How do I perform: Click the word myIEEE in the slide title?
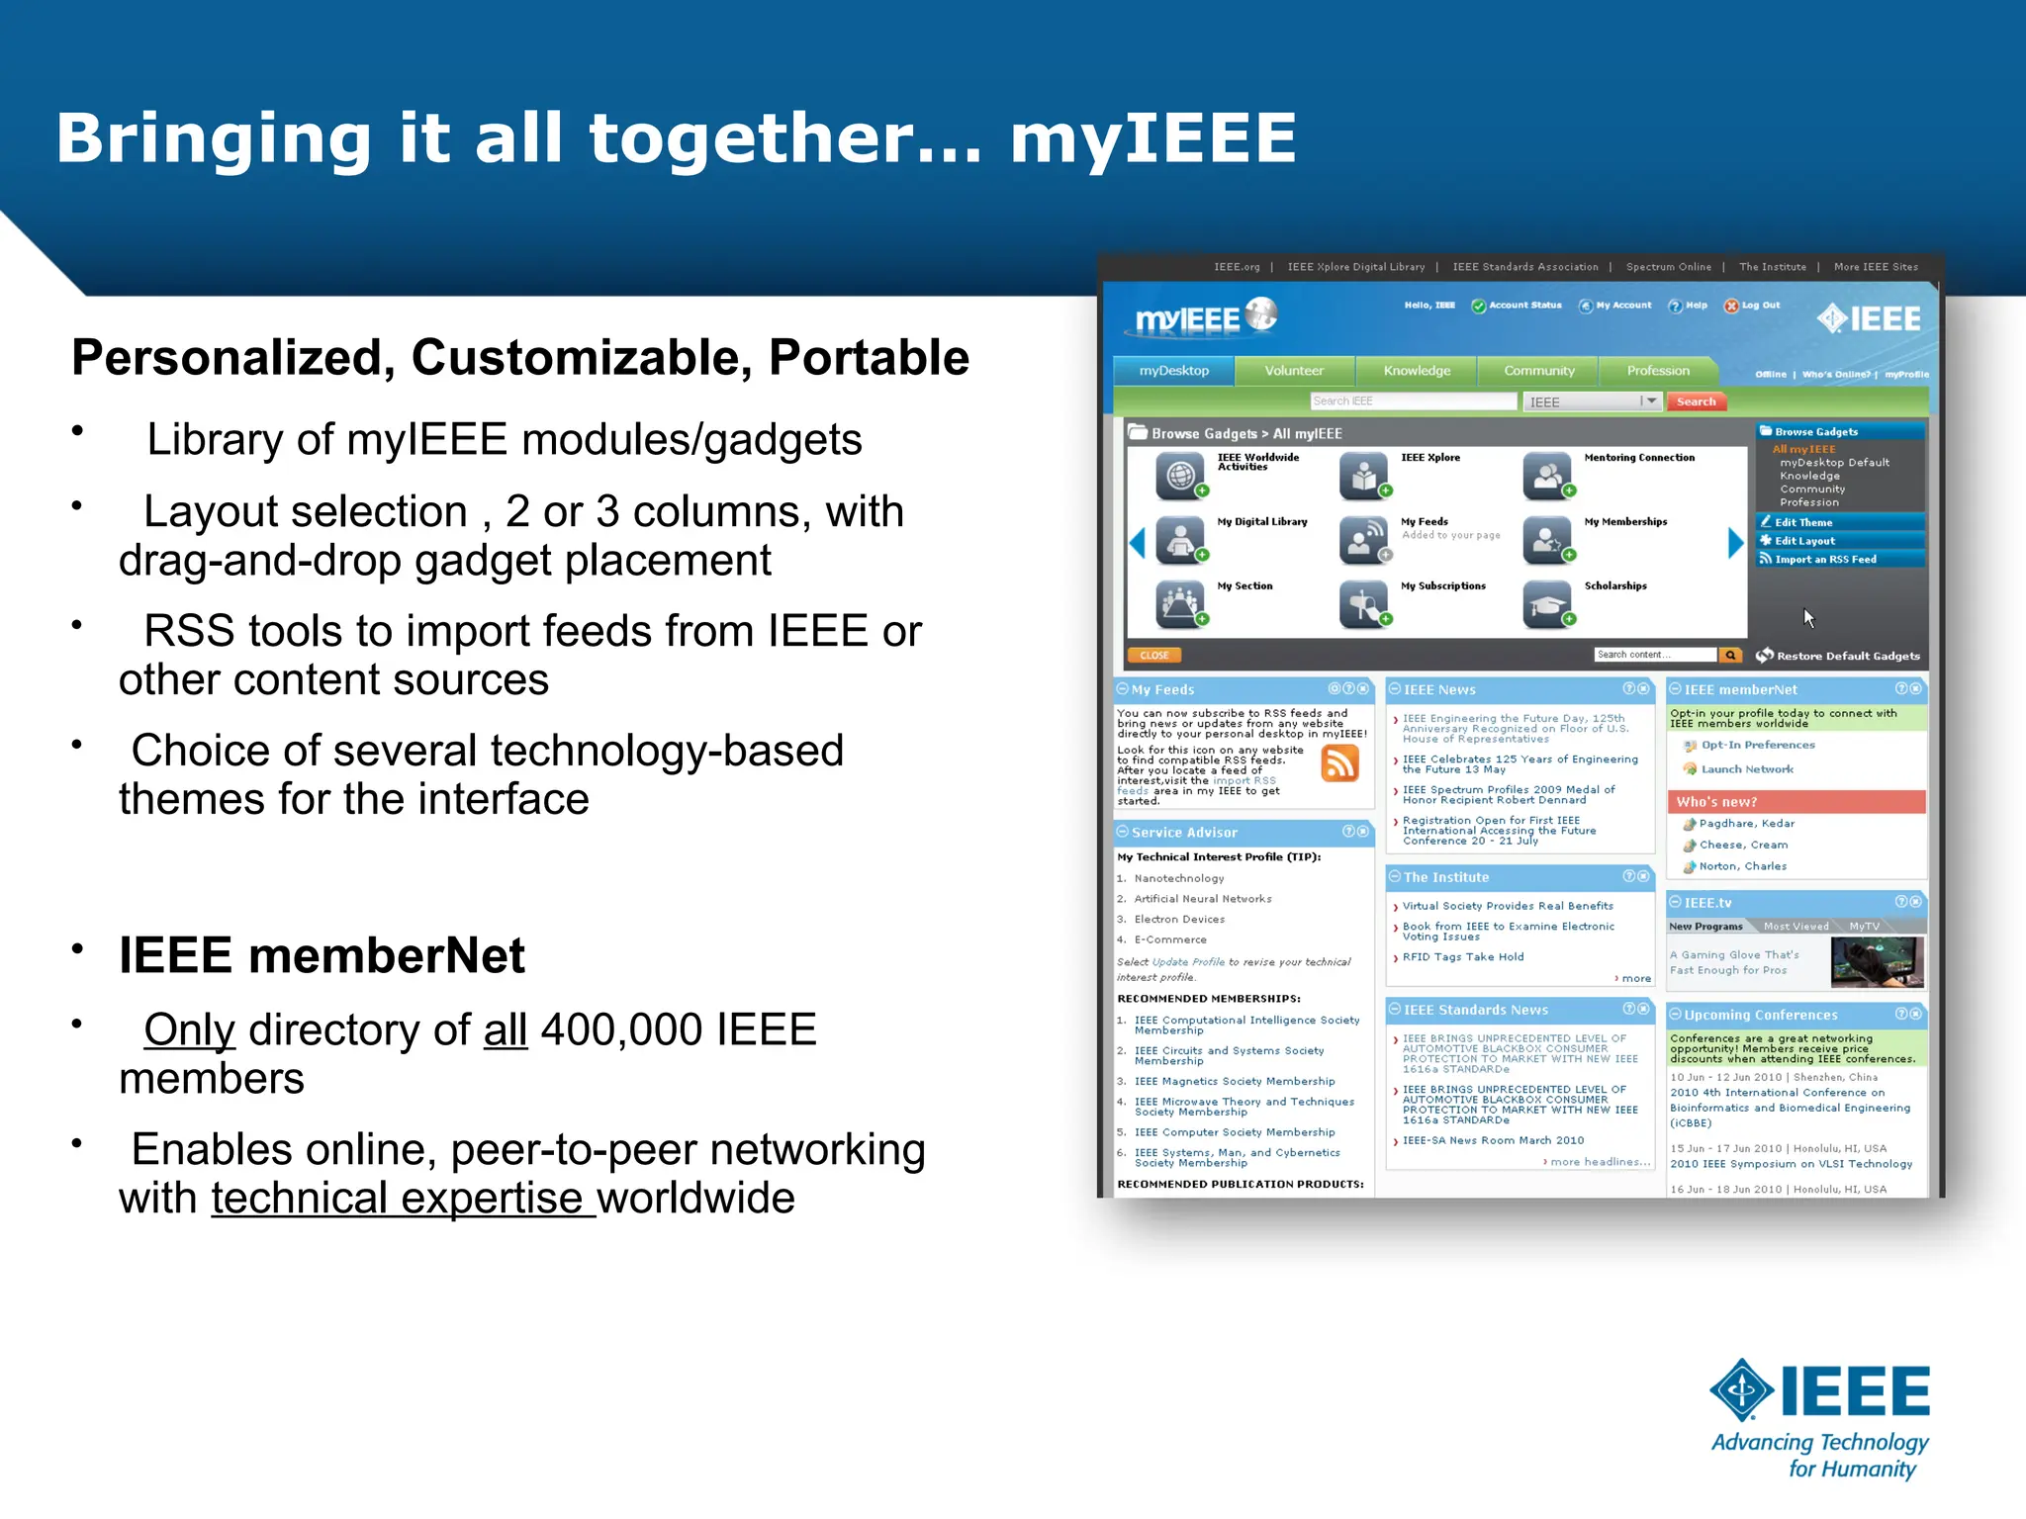(x=1152, y=138)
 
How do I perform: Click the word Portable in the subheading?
(x=869, y=358)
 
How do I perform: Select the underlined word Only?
(x=189, y=1030)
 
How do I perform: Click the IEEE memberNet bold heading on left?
(x=322, y=955)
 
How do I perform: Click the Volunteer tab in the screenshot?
(x=1294, y=371)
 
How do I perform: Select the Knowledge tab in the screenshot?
(x=1417, y=371)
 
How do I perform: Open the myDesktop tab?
(x=1173, y=371)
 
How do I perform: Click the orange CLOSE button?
(x=1153, y=655)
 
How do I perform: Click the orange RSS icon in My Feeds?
(x=1340, y=764)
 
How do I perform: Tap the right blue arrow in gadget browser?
(x=1735, y=543)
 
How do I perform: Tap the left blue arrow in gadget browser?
(x=1137, y=543)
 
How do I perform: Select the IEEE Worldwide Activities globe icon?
(x=1179, y=477)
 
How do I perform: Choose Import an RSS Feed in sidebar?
(x=1825, y=560)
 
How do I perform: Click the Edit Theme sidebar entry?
(x=1803, y=522)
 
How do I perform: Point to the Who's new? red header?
(x=1796, y=802)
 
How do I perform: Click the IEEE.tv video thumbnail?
(x=1877, y=962)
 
